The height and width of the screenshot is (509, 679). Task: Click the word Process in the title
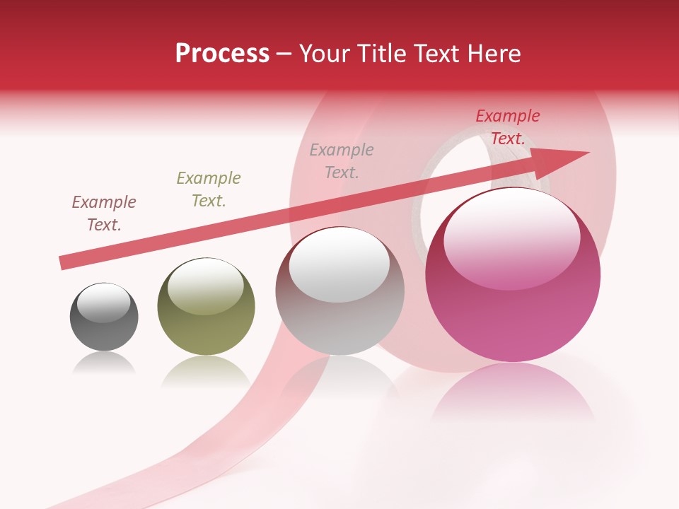click(222, 54)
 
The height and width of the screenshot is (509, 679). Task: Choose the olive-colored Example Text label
click(209, 189)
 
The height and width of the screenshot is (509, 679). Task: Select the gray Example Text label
click(342, 161)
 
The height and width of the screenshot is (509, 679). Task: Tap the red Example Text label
click(508, 127)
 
